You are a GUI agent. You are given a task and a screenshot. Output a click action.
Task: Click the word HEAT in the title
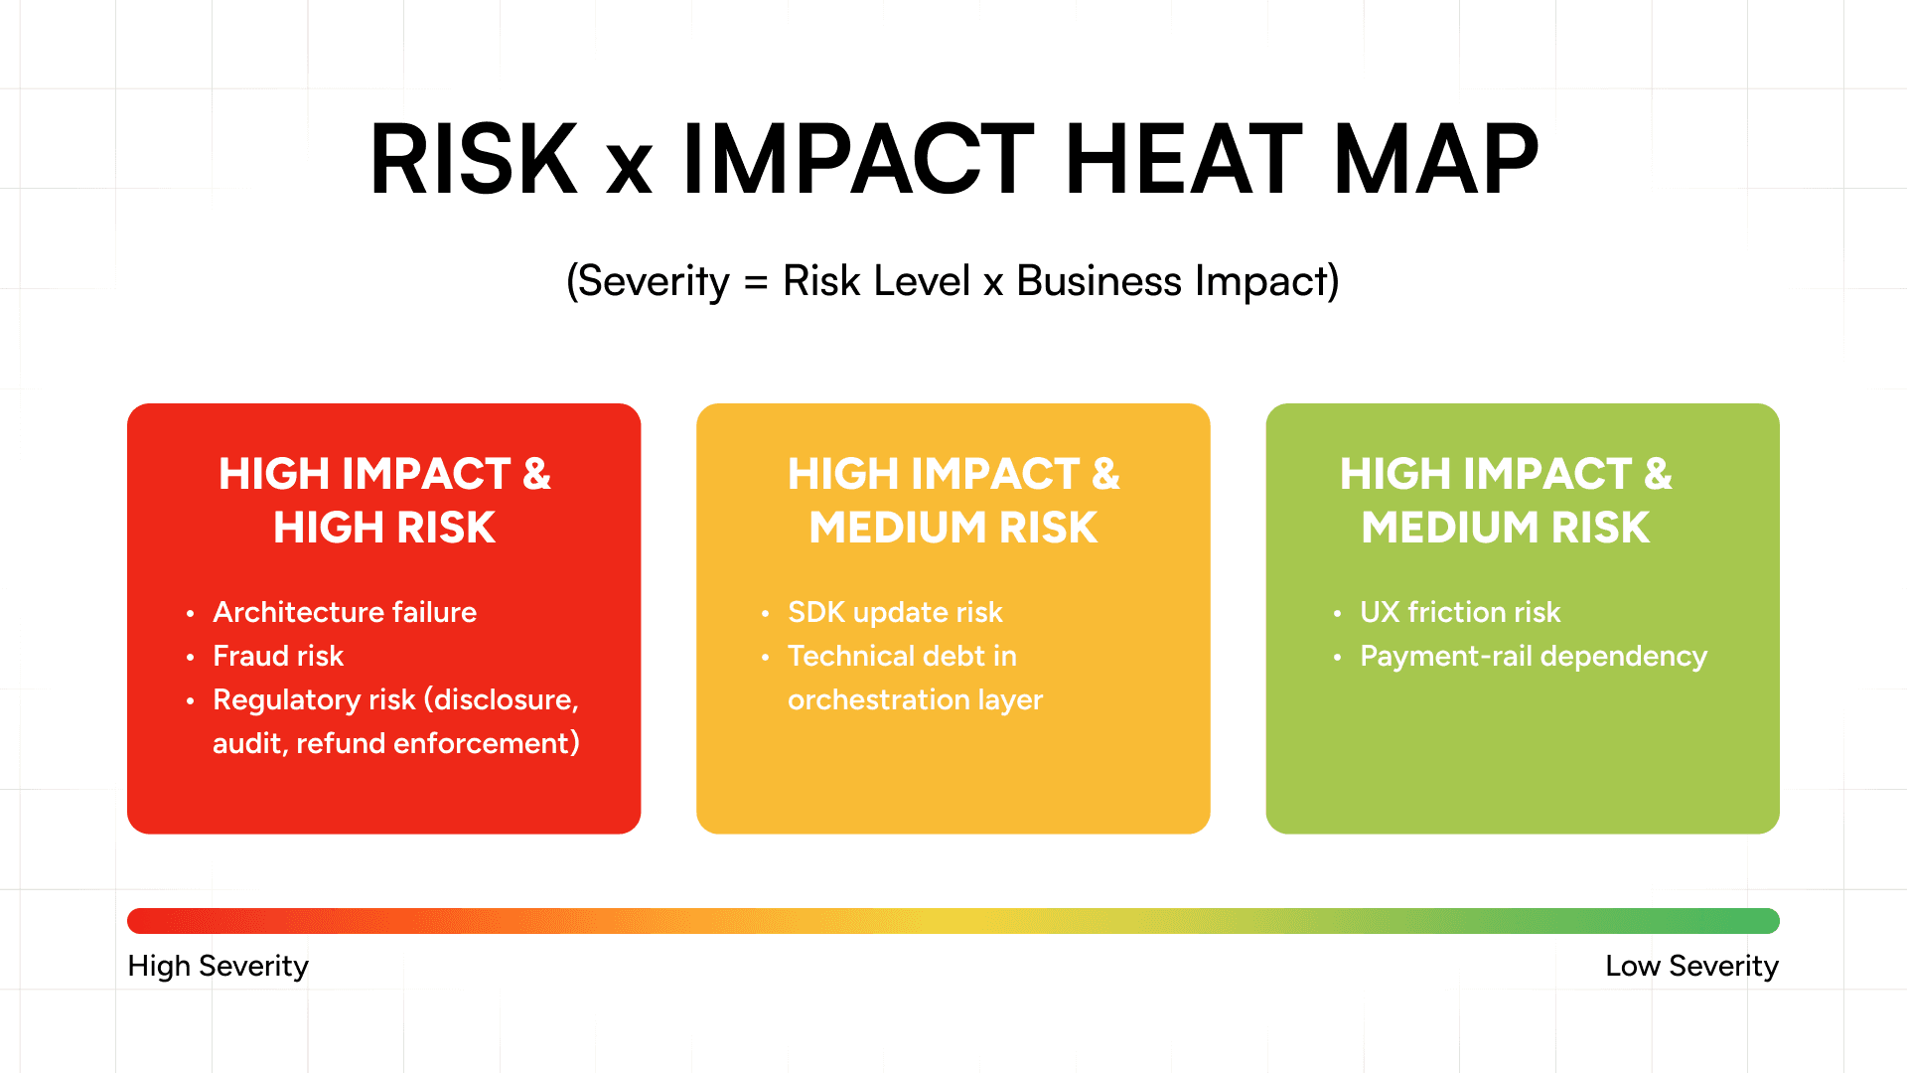click(1183, 159)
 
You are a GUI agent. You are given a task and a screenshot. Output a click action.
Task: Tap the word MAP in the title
click(1436, 159)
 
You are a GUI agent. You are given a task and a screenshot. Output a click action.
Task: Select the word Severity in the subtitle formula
click(654, 281)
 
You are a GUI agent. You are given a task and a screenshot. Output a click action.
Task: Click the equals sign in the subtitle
click(756, 282)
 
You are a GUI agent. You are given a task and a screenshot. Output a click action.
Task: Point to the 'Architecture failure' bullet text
click(345, 612)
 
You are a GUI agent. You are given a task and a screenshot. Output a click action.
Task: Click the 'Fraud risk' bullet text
click(278, 656)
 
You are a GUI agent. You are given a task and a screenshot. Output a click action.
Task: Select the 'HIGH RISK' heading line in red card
click(384, 528)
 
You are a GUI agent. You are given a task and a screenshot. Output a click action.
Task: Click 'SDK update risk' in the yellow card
click(895, 612)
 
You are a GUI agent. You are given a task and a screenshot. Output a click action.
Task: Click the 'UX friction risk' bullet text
click(1460, 612)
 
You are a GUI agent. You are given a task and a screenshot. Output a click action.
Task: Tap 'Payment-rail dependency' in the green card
click(1534, 656)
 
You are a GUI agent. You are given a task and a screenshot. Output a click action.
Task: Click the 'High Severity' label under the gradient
click(219, 966)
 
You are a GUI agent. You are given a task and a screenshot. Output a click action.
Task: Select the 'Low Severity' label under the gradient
click(1691, 966)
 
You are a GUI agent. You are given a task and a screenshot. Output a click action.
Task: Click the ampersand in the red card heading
click(536, 474)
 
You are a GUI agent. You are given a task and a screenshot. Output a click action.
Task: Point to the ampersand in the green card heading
click(1658, 474)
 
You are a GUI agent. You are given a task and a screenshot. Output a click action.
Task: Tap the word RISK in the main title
click(474, 159)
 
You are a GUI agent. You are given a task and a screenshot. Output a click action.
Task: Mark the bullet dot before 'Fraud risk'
click(190, 657)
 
